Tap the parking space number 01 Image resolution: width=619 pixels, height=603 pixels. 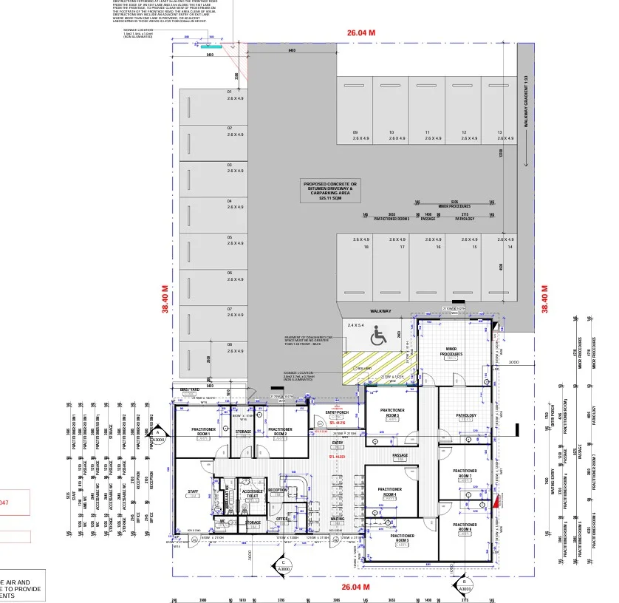230,92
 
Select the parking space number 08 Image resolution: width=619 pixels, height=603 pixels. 230,344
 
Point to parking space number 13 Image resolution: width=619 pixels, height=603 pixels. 500,132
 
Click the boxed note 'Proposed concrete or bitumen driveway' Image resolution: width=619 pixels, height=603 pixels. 330,191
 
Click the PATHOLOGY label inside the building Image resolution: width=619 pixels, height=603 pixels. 467,415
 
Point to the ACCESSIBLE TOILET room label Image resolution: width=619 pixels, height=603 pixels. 253,493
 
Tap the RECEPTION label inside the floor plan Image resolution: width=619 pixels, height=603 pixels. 278,490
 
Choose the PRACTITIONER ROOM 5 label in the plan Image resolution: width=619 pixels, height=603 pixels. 403,540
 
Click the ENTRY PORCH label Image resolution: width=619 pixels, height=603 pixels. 337,412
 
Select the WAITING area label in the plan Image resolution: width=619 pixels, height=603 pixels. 338,519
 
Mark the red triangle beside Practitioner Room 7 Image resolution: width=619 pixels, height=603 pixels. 498,502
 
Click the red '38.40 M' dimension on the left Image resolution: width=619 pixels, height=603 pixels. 166,299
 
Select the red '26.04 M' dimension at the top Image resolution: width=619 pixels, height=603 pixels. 361,33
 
